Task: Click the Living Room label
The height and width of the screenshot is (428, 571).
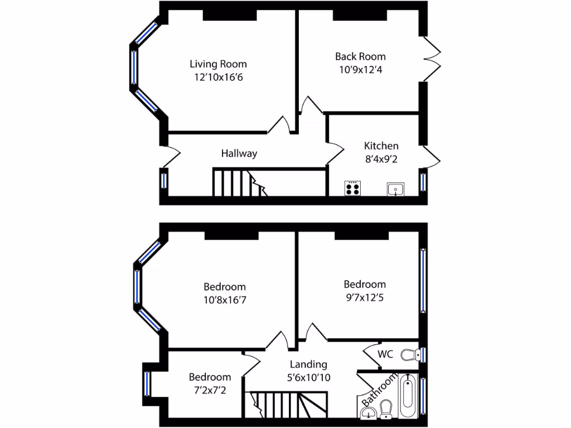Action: [218, 64]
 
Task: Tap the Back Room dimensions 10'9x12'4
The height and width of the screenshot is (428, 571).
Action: [360, 70]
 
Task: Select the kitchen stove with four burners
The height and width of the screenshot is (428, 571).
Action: [352, 188]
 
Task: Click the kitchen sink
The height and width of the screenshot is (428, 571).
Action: [395, 189]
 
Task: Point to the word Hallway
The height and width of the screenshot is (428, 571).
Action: [239, 153]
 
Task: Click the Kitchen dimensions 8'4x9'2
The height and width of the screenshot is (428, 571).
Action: [381, 159]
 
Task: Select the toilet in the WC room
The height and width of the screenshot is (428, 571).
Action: [410, 354]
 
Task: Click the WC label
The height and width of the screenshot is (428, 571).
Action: [385, 354]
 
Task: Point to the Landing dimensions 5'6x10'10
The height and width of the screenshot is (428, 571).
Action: [308, 377]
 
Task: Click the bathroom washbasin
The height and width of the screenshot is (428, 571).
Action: [368, 413]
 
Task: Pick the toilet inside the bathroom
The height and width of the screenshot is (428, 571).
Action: [386, 411]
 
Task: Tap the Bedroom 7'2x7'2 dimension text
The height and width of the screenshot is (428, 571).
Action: [209, 390]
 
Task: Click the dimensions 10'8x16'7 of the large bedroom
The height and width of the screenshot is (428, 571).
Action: [224, 300]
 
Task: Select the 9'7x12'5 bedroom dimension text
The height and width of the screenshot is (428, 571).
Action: [364, 297]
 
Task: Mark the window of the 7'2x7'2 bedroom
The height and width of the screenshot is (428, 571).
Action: [147, 383]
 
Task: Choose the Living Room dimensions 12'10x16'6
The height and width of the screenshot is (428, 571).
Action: [218, 77]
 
